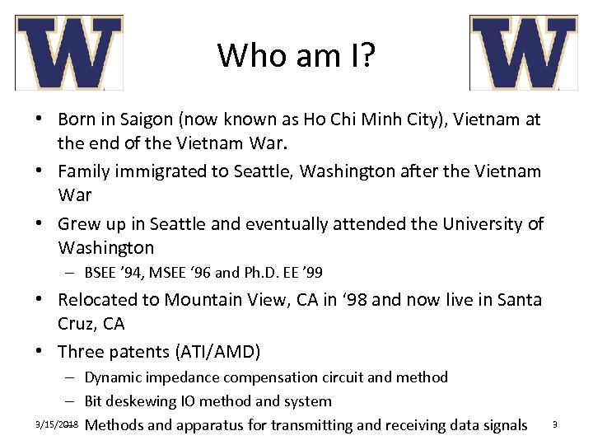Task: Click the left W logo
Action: pyautogui.click(x=69, y=53)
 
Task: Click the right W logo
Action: pyautogui.click(x=523, y=53)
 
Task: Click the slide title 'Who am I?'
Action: pyautogui.click(x=296, y=55)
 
